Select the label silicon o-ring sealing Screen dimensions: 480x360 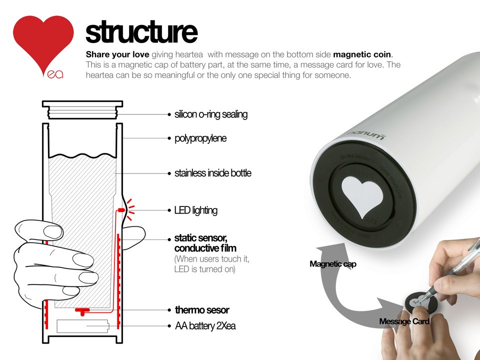point(210,114)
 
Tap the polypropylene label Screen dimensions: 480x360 point(200,138)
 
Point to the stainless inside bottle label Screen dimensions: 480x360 point(212,173)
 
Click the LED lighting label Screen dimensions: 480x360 point(195,210)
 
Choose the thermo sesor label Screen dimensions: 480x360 point(202,310)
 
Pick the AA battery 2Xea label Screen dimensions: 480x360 point(205,326)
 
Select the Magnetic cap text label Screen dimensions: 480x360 point(332,264)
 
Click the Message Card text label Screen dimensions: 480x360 point(404,321)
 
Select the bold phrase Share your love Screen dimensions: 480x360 point(117,54)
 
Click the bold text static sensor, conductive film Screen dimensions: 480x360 point(205,243)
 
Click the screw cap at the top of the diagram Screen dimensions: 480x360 point(82,110)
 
